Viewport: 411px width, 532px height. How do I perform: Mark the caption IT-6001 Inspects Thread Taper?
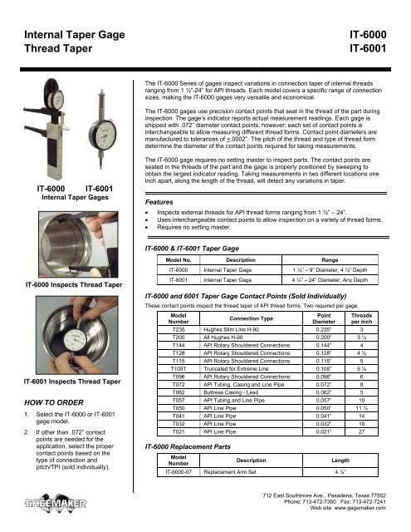pos(61,381)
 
